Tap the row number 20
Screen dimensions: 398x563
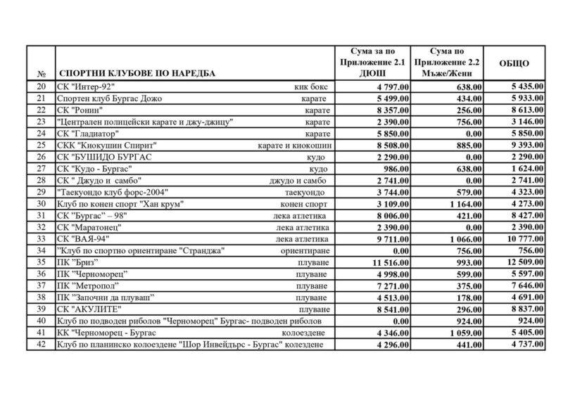(x=40, y=86)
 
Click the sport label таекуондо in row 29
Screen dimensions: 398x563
(x=307, y=192)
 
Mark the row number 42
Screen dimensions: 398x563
(x=40, y=345)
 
